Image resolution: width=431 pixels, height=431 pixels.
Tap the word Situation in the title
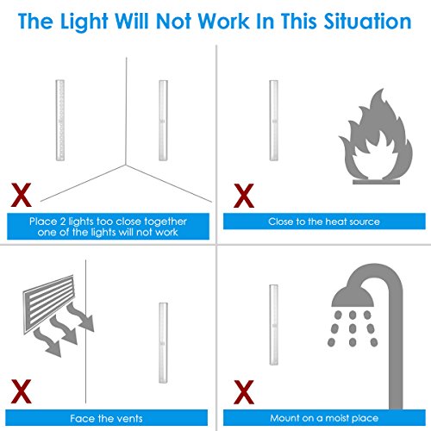coord(368,21)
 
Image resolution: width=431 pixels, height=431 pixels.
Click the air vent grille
coord(48,304)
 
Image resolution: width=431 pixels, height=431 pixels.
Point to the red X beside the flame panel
coord(244,196)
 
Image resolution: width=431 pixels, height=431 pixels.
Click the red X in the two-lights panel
coord(21,195)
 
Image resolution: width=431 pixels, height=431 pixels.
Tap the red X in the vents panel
coord(21,391)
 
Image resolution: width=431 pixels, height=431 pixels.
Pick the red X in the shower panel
coord(244,392)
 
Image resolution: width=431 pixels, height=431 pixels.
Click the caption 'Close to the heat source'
coord(324,222)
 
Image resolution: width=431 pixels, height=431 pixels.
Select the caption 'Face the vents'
coord(106,418)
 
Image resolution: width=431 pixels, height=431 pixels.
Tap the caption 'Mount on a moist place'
coord(324,418)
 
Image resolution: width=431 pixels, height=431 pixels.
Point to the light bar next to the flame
coord(274,121)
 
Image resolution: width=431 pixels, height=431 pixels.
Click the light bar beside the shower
coord(274,325)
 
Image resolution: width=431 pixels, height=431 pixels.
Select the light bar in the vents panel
coord(163,342)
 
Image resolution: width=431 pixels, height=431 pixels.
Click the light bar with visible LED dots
coord(60,120)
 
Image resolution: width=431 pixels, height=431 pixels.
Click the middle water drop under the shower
coord(353,328)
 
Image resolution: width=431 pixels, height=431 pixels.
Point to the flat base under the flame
coord(376,182)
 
